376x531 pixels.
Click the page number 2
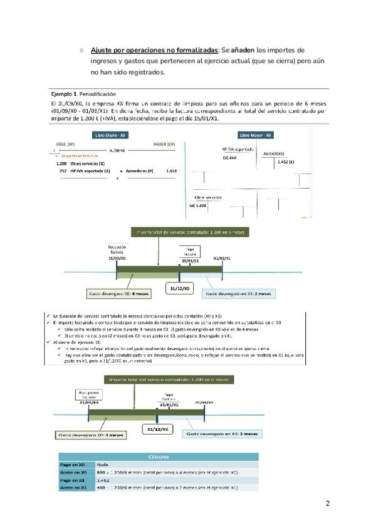327,503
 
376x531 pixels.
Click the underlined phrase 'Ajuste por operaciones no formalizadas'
154,49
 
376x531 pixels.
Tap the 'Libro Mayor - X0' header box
256,135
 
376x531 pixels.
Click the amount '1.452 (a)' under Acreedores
286,162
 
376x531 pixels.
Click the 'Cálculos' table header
158,456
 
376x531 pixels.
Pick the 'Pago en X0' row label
72,465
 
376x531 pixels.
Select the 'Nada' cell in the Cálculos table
103,465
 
